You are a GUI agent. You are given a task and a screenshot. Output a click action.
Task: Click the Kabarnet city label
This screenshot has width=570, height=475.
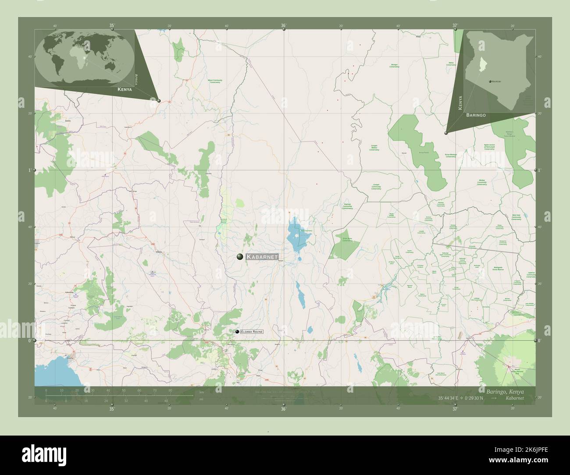[262, 257]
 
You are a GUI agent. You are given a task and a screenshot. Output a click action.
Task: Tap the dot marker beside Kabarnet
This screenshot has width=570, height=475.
[240, 257]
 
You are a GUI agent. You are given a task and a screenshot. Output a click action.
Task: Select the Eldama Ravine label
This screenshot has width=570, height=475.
[251, 333]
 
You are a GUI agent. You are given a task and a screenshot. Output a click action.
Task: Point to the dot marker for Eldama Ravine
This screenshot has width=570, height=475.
[237, 333]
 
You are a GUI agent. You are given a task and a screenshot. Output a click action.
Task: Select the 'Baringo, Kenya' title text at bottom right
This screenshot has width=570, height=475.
[504, 390]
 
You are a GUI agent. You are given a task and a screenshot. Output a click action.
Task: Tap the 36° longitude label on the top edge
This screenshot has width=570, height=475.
[283, 26]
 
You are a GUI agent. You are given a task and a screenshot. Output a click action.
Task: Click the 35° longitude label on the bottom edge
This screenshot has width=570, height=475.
[112, 409]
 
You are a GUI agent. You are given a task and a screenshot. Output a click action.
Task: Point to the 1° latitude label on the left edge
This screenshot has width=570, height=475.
[29, 170]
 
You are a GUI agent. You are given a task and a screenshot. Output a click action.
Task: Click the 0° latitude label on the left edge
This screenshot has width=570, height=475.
[29, 340]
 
